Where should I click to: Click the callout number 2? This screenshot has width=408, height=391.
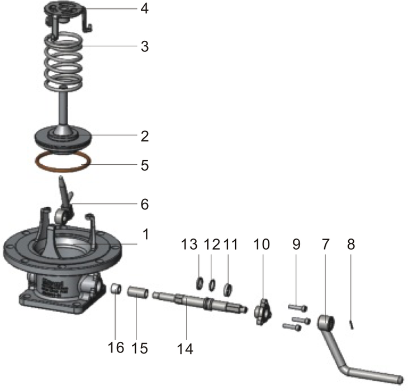(145, 136)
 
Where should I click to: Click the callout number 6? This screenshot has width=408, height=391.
(145, 204)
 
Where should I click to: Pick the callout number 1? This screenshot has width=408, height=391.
(145, 235)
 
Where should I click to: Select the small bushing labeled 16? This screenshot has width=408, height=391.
(117, 289)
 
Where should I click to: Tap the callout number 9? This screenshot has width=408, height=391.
(296, 244)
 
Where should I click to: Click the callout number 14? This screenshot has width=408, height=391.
(184, 349)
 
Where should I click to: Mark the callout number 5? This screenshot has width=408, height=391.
(145, 166)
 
